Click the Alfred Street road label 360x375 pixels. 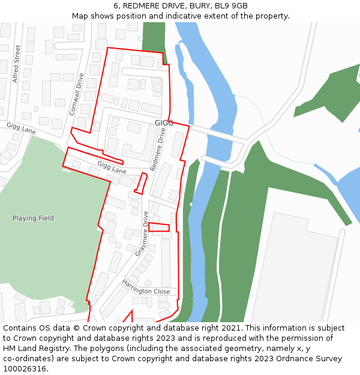17,63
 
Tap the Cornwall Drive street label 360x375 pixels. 76,94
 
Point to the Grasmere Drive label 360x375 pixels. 142,233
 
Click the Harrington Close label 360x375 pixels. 146,287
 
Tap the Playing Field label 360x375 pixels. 33,218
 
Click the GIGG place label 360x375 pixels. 164,123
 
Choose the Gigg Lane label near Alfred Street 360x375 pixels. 22,128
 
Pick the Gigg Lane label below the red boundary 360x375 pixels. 112,167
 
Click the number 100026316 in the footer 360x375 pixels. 26,368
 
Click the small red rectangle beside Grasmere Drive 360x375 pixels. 159,227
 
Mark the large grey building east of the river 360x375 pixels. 294,270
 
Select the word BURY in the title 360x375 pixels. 198,6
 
